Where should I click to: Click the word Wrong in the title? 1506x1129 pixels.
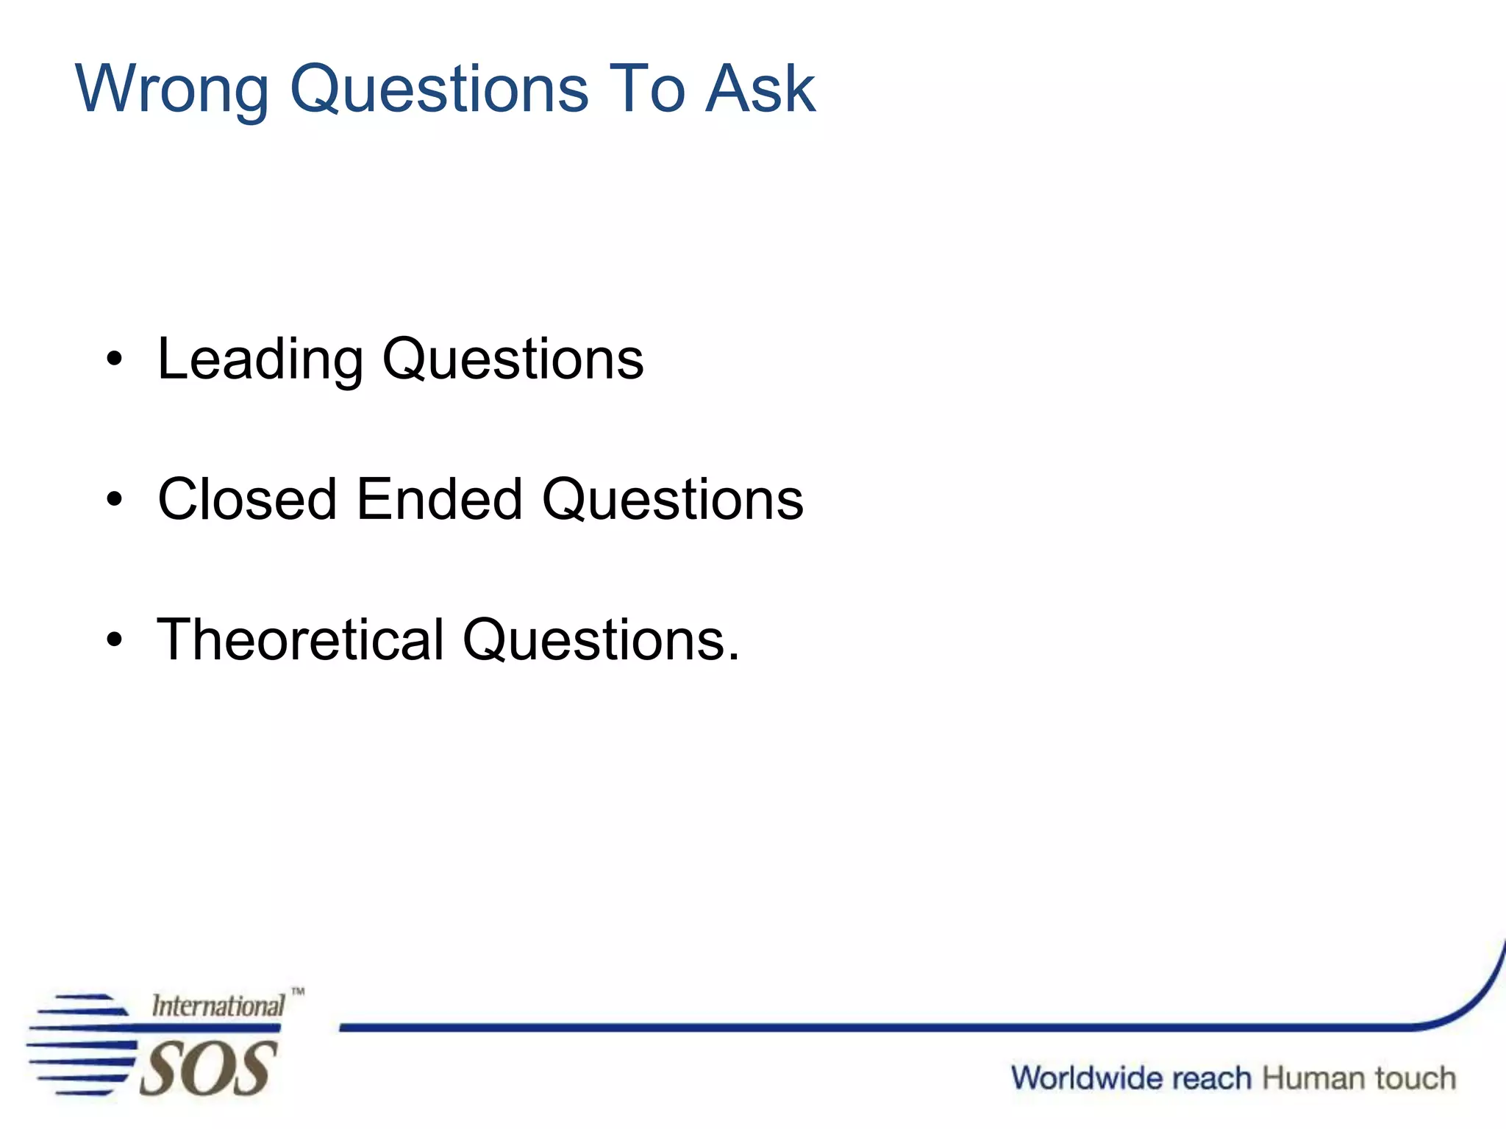(172, 90)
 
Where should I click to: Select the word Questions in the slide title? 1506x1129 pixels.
(439, 88)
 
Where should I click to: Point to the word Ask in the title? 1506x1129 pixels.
(760, 88)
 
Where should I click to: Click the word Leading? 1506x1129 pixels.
(260, 359)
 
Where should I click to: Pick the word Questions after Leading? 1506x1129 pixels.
(513, 359)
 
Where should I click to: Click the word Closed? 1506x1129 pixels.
(247, 499)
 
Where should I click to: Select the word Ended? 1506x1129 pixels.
(439, 499)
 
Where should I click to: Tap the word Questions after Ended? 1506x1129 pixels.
(673, 500)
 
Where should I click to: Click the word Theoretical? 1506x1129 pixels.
(301, 639)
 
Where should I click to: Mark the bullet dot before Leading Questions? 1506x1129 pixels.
(114, 359)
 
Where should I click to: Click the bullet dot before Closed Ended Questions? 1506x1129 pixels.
(114, 500)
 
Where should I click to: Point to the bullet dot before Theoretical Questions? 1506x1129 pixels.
(114, 639)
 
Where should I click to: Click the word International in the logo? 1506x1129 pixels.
(218, 1006)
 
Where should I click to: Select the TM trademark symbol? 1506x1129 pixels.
(298, 992)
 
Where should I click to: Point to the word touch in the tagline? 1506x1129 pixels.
(1415, 1078)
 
